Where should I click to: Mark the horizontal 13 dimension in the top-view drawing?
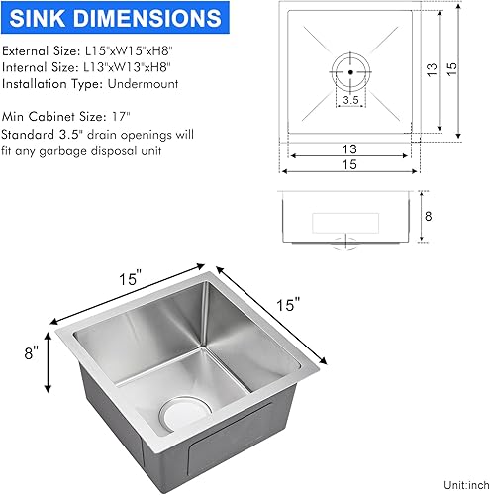350,149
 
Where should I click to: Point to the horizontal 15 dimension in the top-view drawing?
350,165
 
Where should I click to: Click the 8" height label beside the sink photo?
33,353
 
